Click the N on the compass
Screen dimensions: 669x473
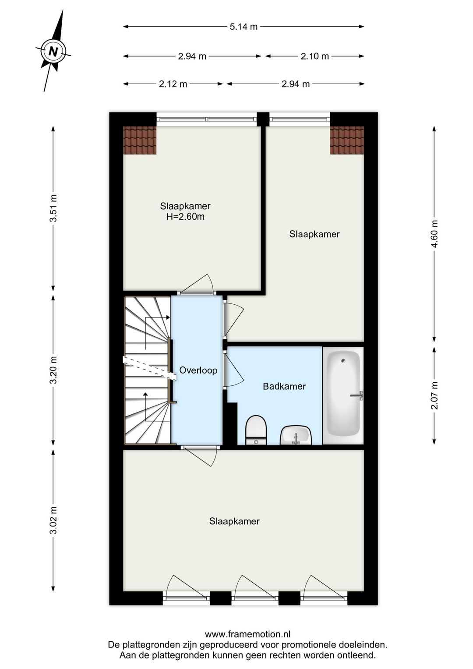(53, 51)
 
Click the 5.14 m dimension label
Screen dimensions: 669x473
(244, 27)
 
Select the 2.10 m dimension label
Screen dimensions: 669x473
(314, 56)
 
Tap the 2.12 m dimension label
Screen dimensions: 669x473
(173, 84)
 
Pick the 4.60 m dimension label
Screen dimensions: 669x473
(434, 234)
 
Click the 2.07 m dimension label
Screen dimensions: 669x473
(434, 395)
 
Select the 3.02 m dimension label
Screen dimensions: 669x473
(53, 520)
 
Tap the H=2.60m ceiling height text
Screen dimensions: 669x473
(185, 217)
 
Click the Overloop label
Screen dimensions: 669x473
(198, 370)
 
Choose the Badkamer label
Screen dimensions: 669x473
(284, 386)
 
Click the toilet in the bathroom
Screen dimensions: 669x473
(256, 430)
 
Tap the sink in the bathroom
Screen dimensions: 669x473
(296, 435)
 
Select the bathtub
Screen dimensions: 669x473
(343, 395)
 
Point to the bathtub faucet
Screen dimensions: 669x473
(357, 396)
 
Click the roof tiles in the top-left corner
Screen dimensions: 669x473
(139, 140)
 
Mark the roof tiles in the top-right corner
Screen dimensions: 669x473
(347, 140)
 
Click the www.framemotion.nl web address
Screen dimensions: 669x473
(247, 634)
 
